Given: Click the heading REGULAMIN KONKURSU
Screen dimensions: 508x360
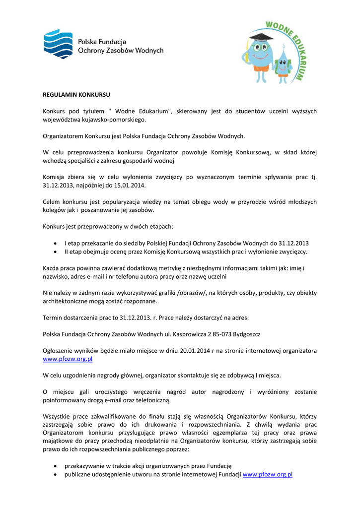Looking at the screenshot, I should point(76,94).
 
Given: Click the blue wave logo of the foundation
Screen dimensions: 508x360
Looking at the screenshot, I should point(58,43).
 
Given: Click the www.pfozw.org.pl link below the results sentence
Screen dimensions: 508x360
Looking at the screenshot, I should point(68,359).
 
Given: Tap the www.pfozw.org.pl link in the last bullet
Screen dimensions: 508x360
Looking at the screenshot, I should point(267,474).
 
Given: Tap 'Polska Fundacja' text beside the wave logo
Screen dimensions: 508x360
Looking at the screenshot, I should point(102,42).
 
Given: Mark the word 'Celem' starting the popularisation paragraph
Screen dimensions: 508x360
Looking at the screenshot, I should point(52,202).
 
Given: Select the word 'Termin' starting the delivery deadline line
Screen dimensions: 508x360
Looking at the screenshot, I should point(53,317).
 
